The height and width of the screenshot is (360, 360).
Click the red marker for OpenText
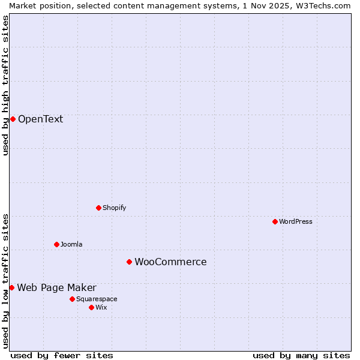click(13, 119)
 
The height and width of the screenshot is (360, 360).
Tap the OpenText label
click(40, 119)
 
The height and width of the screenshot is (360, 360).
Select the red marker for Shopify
click(98, 208)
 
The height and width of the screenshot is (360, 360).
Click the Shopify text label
click(114, 208)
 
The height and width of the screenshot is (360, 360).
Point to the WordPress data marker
click(275, 221)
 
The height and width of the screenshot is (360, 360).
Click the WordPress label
click(295, 221)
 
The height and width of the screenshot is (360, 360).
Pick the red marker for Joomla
click(56, 244)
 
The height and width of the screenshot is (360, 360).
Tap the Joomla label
click(71, 244)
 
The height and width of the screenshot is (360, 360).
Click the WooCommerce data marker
click(129, 262)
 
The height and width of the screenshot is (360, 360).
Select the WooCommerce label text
click(170, 262)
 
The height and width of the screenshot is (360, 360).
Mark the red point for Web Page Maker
click(11, 287)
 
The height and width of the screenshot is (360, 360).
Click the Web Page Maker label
click(56, 287)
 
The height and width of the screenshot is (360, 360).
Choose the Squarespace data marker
click(72, 299)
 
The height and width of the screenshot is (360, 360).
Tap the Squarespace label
click(97, 299)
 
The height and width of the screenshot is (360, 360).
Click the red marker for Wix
click(91, 307)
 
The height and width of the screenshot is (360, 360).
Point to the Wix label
click(101, 307)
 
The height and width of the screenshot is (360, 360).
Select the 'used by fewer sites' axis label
click(62, 355)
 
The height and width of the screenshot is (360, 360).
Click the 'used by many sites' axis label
click(301, 355)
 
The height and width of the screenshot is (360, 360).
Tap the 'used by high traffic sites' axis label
click(5, 85)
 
